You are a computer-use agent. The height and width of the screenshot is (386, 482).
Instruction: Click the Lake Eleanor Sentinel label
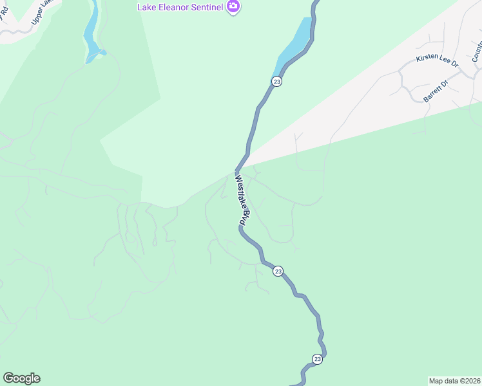coord(179,7)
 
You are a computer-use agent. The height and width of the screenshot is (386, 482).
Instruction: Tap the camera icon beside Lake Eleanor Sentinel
coord(233,7)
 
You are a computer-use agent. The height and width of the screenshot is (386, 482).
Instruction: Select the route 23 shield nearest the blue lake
coord(276,81)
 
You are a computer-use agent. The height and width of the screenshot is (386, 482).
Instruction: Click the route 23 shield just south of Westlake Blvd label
coord(278,271)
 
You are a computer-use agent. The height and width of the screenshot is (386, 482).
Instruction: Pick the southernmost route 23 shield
coord(317,358)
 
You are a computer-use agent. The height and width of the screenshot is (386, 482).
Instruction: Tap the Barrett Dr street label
coord(436,92)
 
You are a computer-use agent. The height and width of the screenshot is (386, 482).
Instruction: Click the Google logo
coord(21,378)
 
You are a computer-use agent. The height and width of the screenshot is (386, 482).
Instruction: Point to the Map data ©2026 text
coord(454,380)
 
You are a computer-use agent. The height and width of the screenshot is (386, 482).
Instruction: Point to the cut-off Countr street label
coord(477,51)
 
